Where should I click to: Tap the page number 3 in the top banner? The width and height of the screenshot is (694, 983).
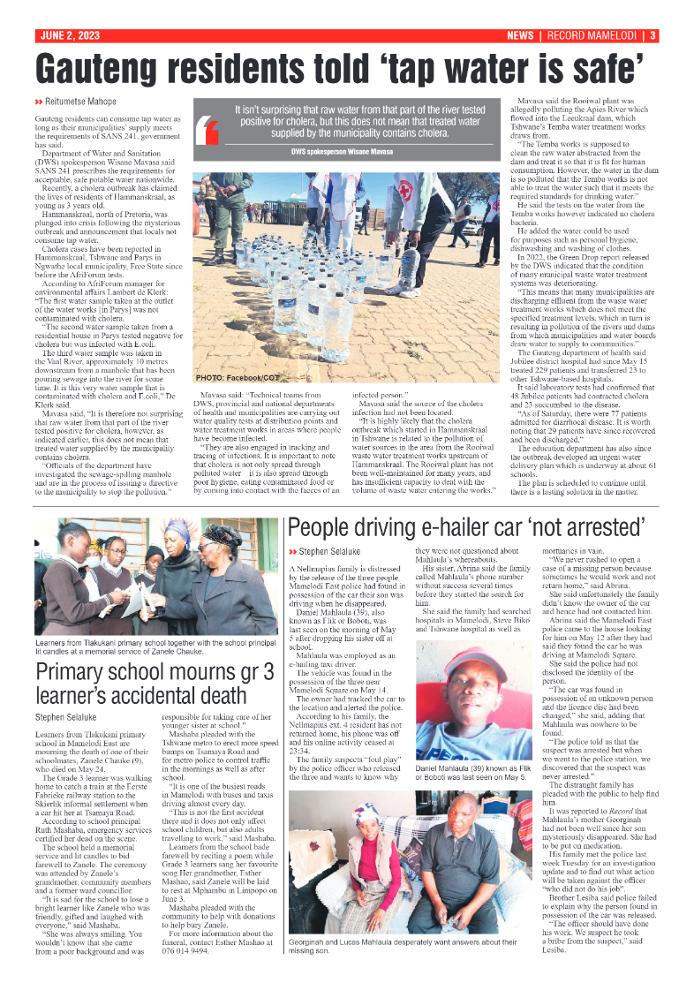tap(652, 36)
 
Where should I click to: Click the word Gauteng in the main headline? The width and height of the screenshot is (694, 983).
tap(118, 67)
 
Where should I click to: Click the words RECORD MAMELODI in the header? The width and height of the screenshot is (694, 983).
tap(591, 36)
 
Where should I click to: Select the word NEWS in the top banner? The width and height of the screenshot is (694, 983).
tap(520, 36)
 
